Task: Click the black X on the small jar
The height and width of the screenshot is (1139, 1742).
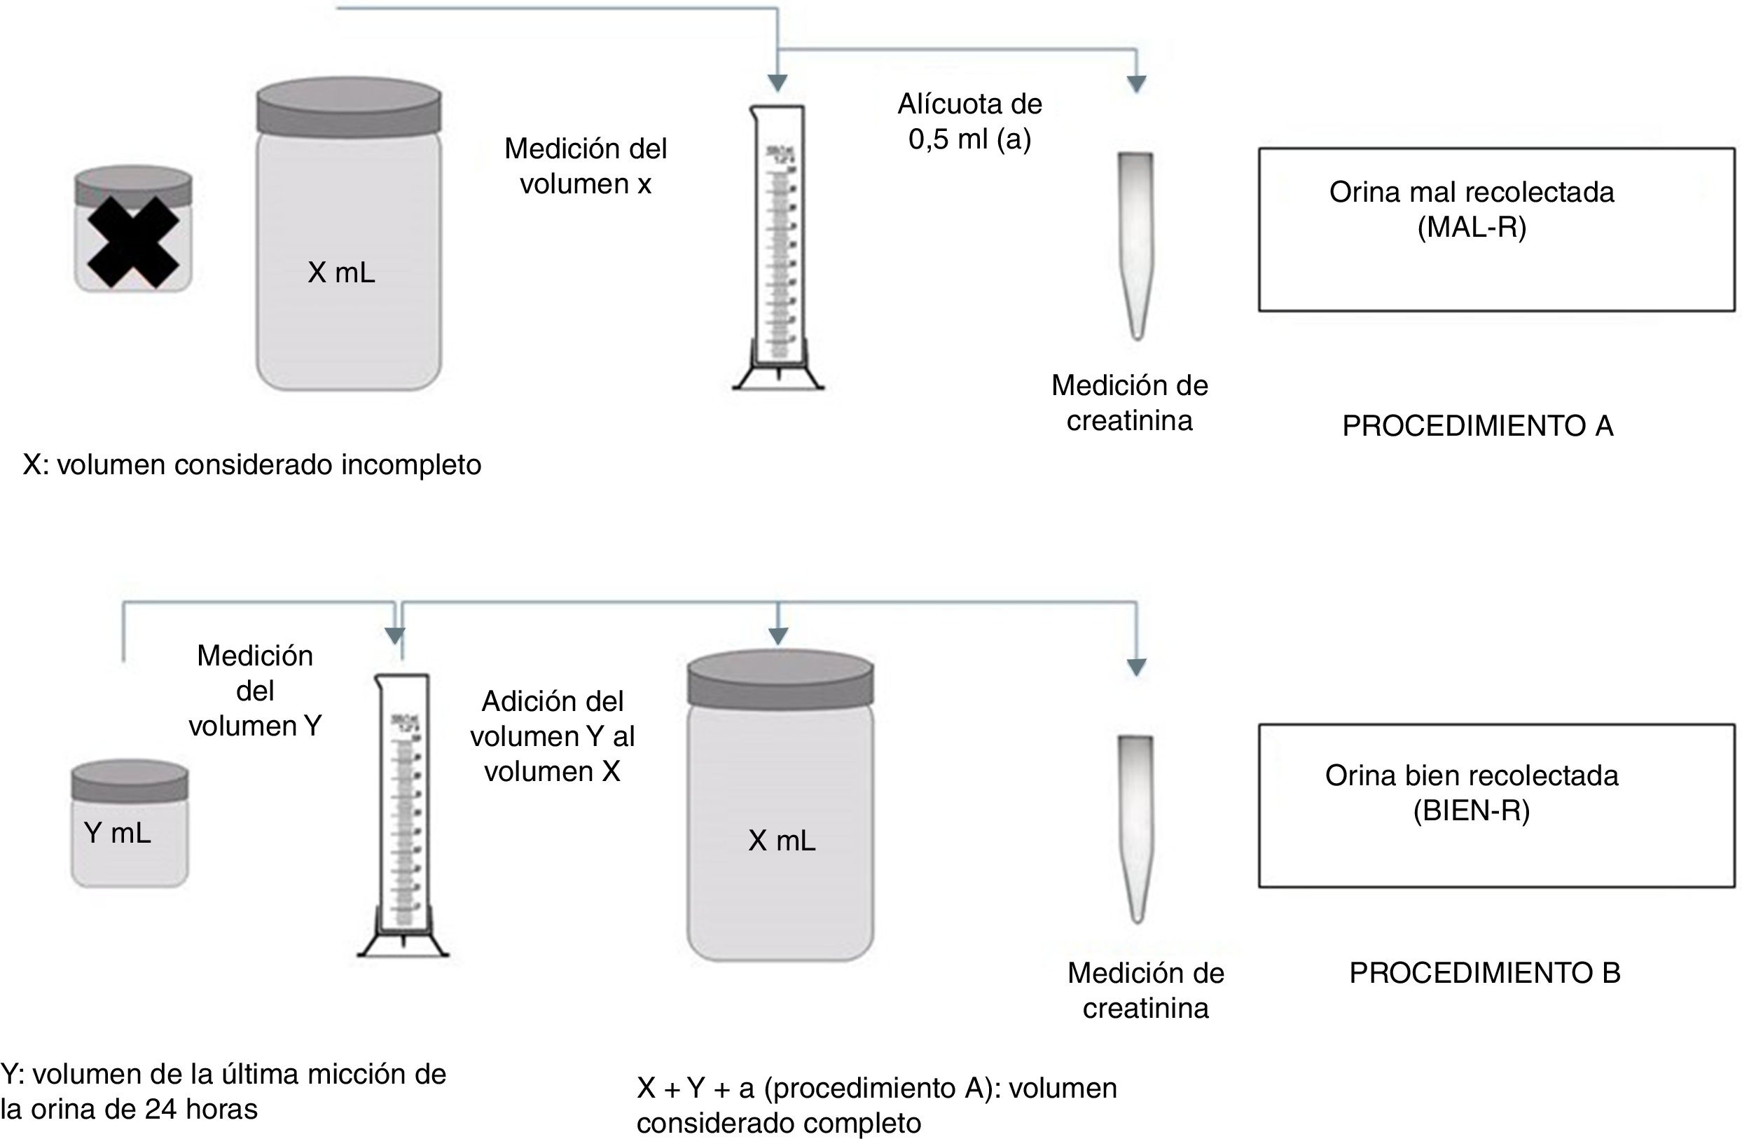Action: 132,242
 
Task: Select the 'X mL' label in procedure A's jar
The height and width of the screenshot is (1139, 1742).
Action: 341,273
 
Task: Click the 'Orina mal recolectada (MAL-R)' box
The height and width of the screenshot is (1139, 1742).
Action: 1496,230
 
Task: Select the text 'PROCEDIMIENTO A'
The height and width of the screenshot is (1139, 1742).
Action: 1477,426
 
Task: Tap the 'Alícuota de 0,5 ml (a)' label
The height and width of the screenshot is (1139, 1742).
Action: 970,121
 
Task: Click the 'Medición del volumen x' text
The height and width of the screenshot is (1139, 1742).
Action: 586,166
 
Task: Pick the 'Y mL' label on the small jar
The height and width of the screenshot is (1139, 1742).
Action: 117,832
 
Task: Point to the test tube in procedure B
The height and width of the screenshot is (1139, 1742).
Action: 1135,827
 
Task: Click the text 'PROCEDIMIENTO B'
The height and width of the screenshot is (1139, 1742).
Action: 1484,973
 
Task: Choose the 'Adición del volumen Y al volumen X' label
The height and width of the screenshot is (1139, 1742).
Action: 552,736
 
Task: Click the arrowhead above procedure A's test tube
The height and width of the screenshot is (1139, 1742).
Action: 1136,84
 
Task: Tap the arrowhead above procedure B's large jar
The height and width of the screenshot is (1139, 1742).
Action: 778,637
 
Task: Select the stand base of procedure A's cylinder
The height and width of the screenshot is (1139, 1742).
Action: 778,377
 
